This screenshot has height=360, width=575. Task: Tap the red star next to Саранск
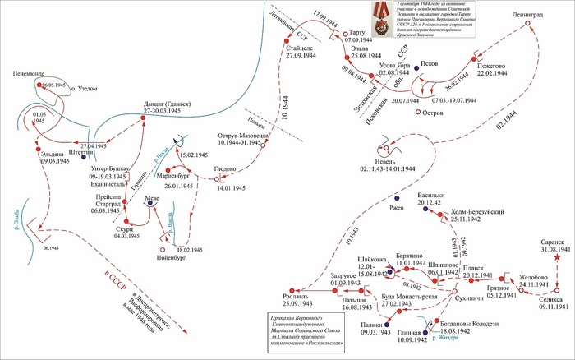(559, 259)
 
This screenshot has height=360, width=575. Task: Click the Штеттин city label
(76, 151)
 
